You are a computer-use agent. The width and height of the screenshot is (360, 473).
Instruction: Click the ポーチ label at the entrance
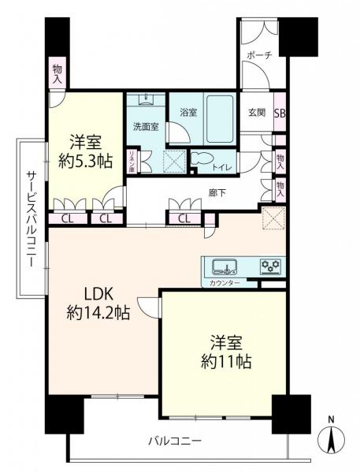(x=260, y=55)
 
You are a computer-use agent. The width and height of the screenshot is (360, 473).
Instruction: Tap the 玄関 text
(x=257, y=112)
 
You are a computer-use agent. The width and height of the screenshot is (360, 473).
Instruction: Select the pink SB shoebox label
(x=280, y=112)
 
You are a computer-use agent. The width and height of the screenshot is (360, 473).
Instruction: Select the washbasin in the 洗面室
(x=146, y=100)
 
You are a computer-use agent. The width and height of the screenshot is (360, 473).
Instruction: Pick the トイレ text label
(x=222, y=166)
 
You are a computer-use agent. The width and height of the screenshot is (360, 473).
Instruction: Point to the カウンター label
(x=225, y=281)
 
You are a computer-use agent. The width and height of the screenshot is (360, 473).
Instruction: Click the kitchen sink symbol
(x=220, y=265)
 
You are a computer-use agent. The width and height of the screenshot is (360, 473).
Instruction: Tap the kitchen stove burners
(x=271, y=266)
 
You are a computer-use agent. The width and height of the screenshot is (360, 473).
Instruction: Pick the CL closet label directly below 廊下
(x=184, y=218)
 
